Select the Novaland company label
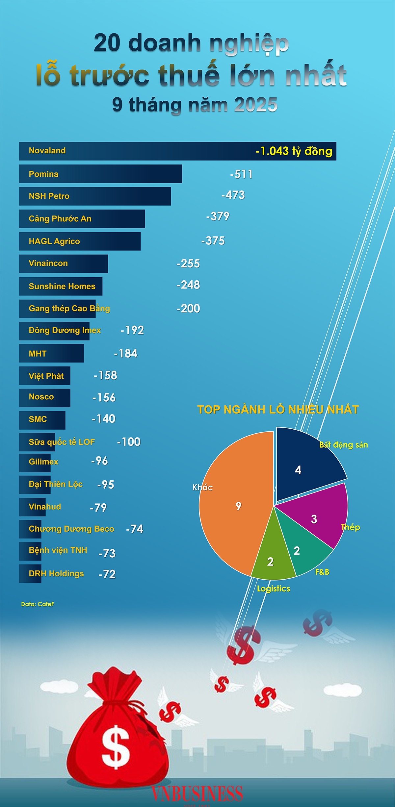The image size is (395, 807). (x=47, y=151)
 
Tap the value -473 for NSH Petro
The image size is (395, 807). (x=233, y=195)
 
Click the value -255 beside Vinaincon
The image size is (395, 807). (x=188, y=264)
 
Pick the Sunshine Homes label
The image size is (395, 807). (x=62, y=286)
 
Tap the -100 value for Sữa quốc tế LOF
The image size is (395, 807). (x=129, y=442)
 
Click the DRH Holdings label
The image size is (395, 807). (x=56, y=574)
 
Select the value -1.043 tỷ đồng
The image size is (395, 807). (x=294, y=151)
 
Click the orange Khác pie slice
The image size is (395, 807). (x=230, y=513)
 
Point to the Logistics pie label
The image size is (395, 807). (x=274, y=589)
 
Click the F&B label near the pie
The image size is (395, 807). (x=322, y=572)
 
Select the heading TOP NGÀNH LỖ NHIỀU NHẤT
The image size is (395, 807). (x=278, y=410)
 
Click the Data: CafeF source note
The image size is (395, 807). (x=38, y=604)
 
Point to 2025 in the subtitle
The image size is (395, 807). (x=256, y=105)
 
